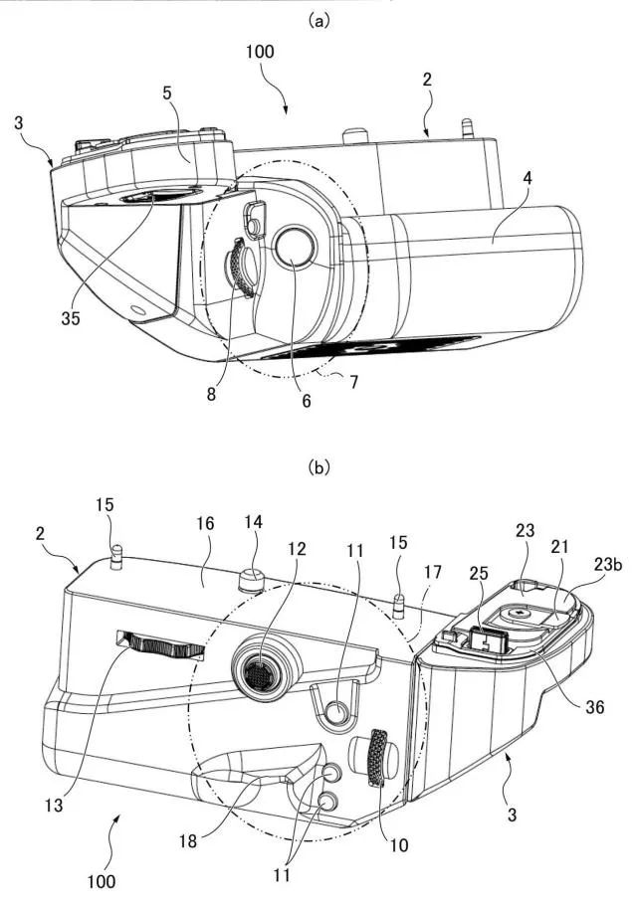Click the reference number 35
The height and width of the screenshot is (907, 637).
(71, 318)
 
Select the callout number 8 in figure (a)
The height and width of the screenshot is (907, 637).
(211, 394)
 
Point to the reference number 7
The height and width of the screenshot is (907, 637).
(352, 382)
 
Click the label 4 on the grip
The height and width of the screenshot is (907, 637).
(526, 178)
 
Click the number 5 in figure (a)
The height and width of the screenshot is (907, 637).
(167, 93)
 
